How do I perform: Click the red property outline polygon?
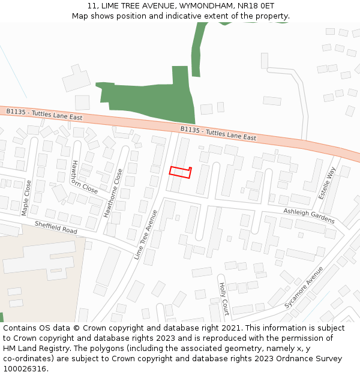(179, 172)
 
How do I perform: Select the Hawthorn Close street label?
(84, 176)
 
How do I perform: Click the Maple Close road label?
(26, 197)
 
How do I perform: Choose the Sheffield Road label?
(56, 227)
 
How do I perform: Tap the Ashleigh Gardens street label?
(309, 215)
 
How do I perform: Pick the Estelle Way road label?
(328, 183)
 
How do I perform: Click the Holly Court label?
(223, 299)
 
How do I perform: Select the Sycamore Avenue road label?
(304, 287)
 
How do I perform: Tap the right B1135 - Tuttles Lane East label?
(218, 133)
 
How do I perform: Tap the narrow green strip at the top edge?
(197, 48)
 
